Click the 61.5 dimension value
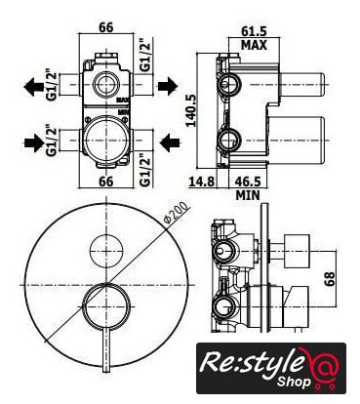(254, 31)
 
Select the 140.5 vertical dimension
(191, 110)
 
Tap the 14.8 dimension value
(202, 181)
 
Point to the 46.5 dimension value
(248, 181)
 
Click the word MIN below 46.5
(248, 195)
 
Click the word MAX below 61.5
(254, 45)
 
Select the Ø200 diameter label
(177, 213)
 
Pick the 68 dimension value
(331, 279)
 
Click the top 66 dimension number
(106, 27)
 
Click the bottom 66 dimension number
(106, 181)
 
